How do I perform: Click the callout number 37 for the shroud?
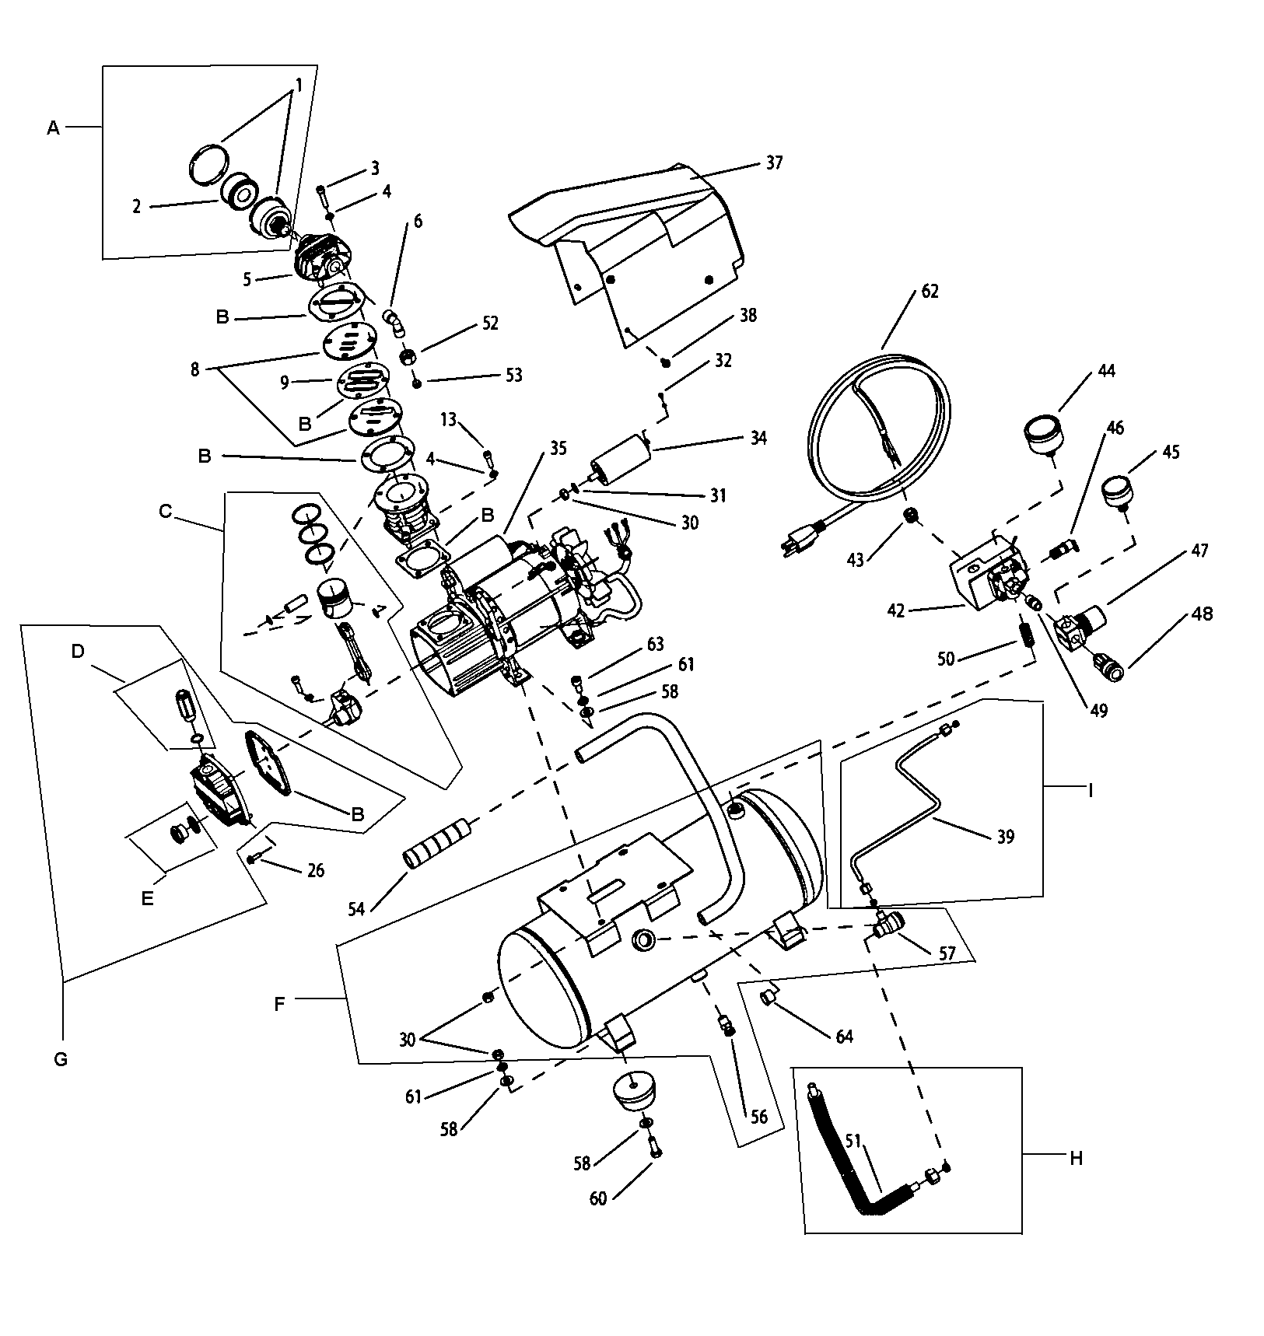tap(773, 163)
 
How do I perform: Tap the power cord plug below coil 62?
tap(801, 539)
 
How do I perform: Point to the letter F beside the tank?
tap(280, 1004)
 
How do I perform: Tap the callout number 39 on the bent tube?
tap(1005, 838)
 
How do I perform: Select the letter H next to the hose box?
tap(1076, 1159)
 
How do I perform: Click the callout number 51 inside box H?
tap(853, 1142)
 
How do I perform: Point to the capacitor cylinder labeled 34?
tap(620, 456)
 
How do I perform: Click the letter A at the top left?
tap(53, 128)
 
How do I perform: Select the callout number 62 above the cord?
tap(930, 292)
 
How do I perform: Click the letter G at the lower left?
tap(61, 1059)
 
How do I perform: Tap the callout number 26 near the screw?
tap(315, 870)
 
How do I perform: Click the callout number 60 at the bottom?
tap(597, 1198)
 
